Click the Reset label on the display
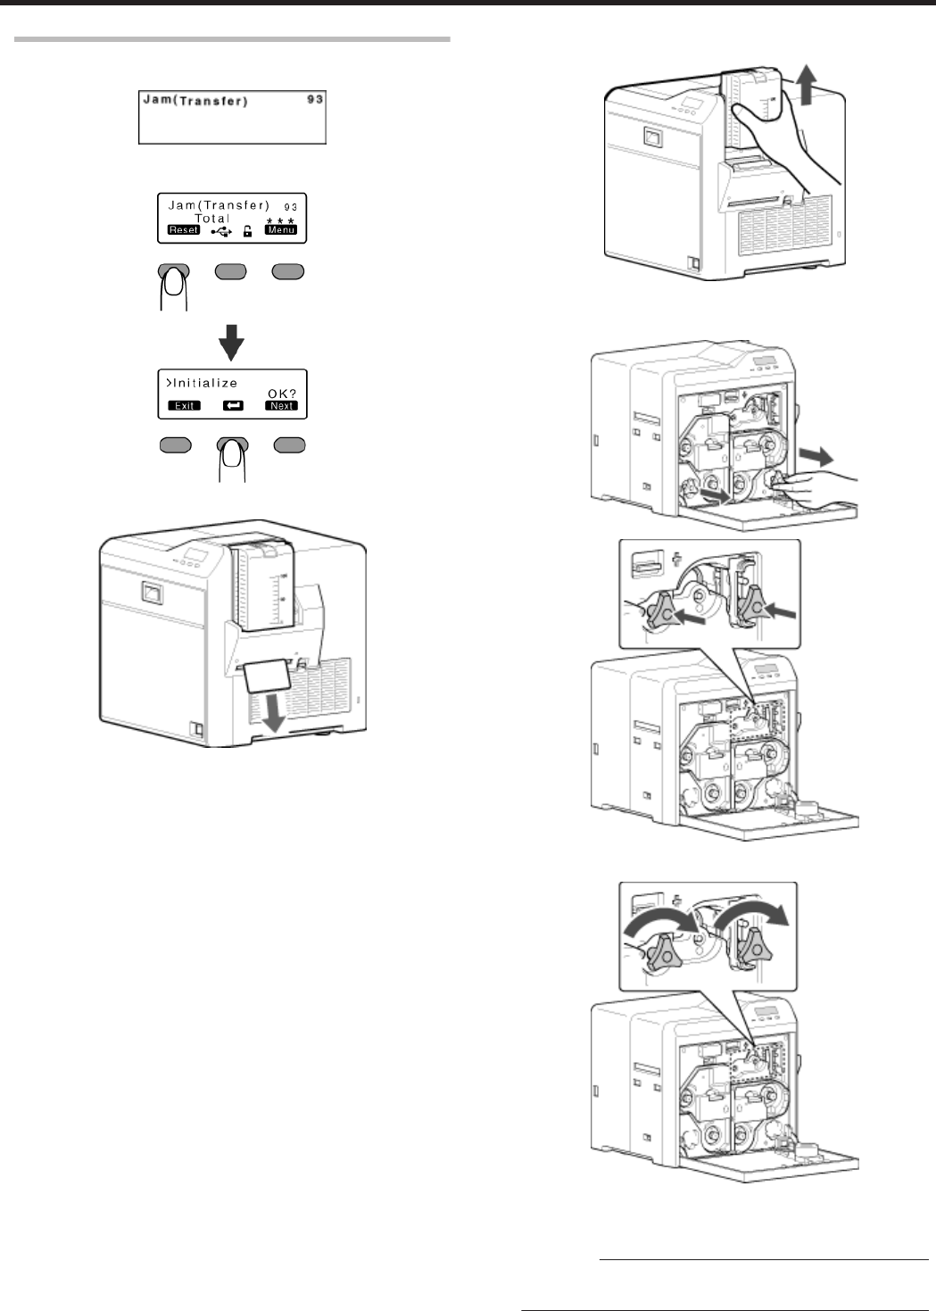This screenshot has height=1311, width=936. pyautogui.click(x=184, y=230)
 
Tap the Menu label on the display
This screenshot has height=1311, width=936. pyautogui.click(x=280, y=230)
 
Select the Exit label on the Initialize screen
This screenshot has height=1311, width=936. pyautogui.click(x=184, y=405)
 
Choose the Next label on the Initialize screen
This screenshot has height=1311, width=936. pyautogui.click(x=281, y=405)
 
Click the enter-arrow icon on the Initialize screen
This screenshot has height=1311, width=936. pyautogui.click(x=232, y=405)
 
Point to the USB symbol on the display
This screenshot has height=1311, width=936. pyautogui.click(x=221, y=231)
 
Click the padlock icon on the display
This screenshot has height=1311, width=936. pyautogui.click(x=247, y=231)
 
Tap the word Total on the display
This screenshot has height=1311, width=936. pyautogui.click(x=212, y=219)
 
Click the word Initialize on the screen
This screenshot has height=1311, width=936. pyautogui.click(x=205, y=383)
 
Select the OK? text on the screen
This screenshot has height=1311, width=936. pyautogui.click(x=281, y=393)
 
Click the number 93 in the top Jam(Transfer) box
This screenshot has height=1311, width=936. pyautogui.click(x=314, y=100)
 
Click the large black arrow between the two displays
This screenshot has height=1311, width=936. pyautogui.click(x=232, y=341)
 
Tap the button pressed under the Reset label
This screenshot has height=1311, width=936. pyautogui.click(x=174, y=272)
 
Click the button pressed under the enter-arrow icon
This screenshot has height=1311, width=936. pyautogui.click(x=233, y=446)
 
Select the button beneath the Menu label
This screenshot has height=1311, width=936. pyautogui.click(x=289, y=272)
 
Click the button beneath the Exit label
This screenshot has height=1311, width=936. pyautogui.click(x=176, y=445)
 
